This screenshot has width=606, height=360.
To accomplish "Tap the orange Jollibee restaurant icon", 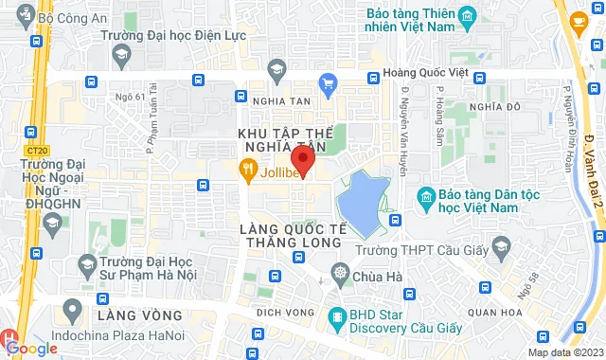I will pyautogui.click(x=247, y=171).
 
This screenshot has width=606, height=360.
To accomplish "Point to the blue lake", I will pyautogui.click(x=370, y=200).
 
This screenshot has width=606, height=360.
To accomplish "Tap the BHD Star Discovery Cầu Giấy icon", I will pyautogui.click(x=334, y=317).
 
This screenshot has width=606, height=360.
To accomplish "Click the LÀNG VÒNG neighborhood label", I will pyautogui.click(x=138, y=313).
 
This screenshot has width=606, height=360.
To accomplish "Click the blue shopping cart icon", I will pyautogui.click(x=329, y=82).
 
